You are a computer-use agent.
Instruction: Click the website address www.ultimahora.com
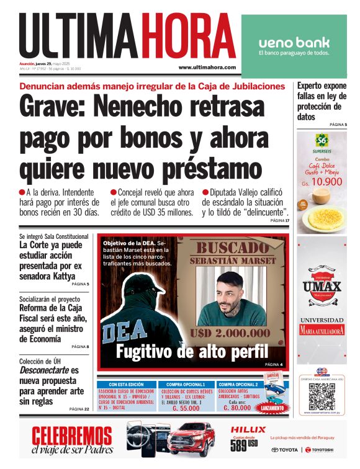[207, 68]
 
